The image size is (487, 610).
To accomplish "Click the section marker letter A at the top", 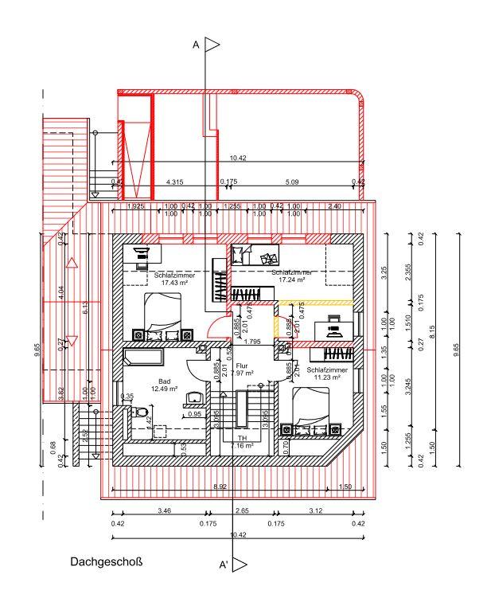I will [196, 45].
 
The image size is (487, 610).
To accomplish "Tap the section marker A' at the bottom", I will [224, 565].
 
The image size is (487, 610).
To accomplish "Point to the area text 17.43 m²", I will [169, 282].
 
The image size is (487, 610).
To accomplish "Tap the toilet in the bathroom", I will [141, 413].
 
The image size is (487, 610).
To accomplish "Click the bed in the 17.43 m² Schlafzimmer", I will [162, 311].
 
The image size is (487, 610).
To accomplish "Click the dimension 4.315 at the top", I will [174, 182].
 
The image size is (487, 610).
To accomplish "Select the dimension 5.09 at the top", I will [291, 182].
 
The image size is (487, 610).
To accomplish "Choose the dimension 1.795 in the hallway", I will [253, 342].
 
